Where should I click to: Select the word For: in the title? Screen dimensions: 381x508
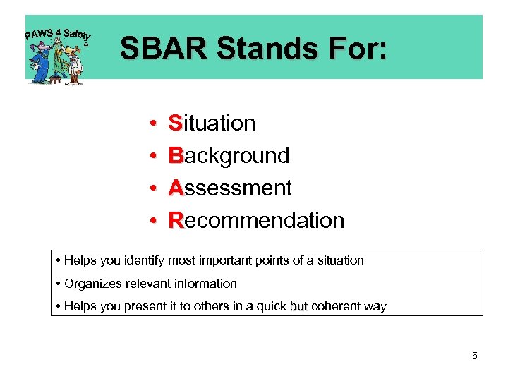click(x=358, y=49)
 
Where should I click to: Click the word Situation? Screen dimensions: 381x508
click(x=212, y=123)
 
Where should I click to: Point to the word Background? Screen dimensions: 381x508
click(x=229, y=155)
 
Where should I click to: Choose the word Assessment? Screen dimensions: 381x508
click(x=229, y=188)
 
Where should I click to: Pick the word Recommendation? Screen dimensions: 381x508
click(x=256, y=220)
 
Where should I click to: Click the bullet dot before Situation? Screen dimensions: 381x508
click(x=153, y=124)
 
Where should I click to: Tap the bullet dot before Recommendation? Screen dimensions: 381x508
click(x=153, y=222)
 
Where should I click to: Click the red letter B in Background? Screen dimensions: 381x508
click(x=176, y=155)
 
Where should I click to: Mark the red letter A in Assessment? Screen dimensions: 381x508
click(x=176, y=188)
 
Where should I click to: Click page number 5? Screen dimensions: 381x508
click(x=474, y=356)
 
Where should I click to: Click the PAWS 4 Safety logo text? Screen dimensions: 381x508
click(x=58, y=33)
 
